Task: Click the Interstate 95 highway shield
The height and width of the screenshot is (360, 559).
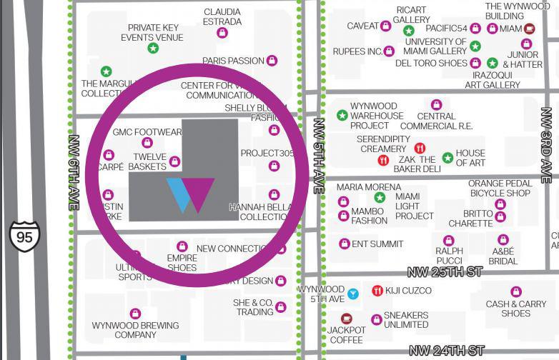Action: pos(24,236)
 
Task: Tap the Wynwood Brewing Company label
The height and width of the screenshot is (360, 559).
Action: pos(135,330)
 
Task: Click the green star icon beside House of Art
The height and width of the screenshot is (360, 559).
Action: pos(447,158)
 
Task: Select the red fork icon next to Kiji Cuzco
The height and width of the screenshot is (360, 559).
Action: pos(377,290)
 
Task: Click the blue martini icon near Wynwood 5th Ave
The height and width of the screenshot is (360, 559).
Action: pos(352,294)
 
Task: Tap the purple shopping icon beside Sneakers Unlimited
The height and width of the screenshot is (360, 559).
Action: pos(376,319)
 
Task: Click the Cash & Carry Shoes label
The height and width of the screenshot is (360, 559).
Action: pos(515,309)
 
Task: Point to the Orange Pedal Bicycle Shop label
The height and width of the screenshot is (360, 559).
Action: pos(500,188)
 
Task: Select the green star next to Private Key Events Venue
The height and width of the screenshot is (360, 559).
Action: pos(152,49)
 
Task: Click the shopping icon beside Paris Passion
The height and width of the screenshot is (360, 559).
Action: pos(271,61)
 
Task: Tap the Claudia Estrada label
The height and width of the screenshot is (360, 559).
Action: pos(222,16)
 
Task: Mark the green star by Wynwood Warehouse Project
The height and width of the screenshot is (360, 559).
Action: pos(342,115)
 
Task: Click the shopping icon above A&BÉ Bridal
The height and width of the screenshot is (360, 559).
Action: pos(503,240)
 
